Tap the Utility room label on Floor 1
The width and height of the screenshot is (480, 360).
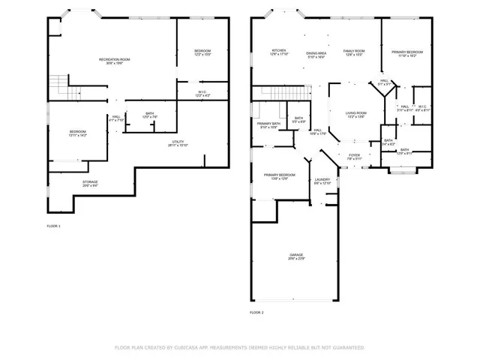click(x=177, y=142)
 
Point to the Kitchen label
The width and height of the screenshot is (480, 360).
click(x=280, y=52)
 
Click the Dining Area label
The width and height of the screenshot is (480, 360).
click(x=316, y=54)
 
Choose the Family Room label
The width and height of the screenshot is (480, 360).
click(x=353, y=52)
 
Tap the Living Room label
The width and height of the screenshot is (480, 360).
click(x=355, y=114)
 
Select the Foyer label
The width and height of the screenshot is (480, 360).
click(x=354, y=157)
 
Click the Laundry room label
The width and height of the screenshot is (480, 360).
click(x=322, y=181)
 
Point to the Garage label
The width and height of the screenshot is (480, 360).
click(x=297, y=257)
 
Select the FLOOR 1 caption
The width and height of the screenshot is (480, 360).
click(x=53, y=226)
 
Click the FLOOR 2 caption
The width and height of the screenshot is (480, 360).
click(x=256, y=312)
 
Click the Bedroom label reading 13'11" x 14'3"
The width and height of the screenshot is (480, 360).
click(x=78, y=133)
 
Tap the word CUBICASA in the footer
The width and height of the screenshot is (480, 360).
click(x=184, y=348)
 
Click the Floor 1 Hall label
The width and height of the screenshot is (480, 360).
click(x=116, y=118)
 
